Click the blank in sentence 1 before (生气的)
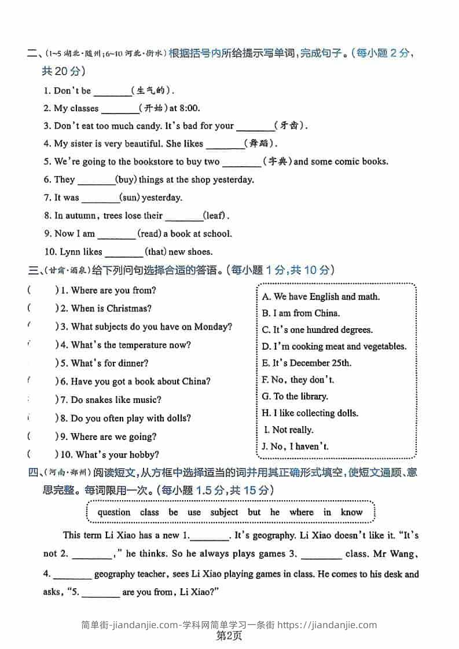tap(112, 91)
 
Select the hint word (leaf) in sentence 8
tap(214, 216)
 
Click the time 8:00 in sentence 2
tap(189, 108)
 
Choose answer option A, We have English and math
tap(321, 296)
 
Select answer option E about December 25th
tap(306, 363)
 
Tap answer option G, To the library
tap(295, 397)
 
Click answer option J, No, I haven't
tap(295, 446)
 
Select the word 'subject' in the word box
tap(224, 512)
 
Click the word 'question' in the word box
tap(114, 512)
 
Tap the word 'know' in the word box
tap(351, 512)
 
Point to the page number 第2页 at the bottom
tap(229, 636)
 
